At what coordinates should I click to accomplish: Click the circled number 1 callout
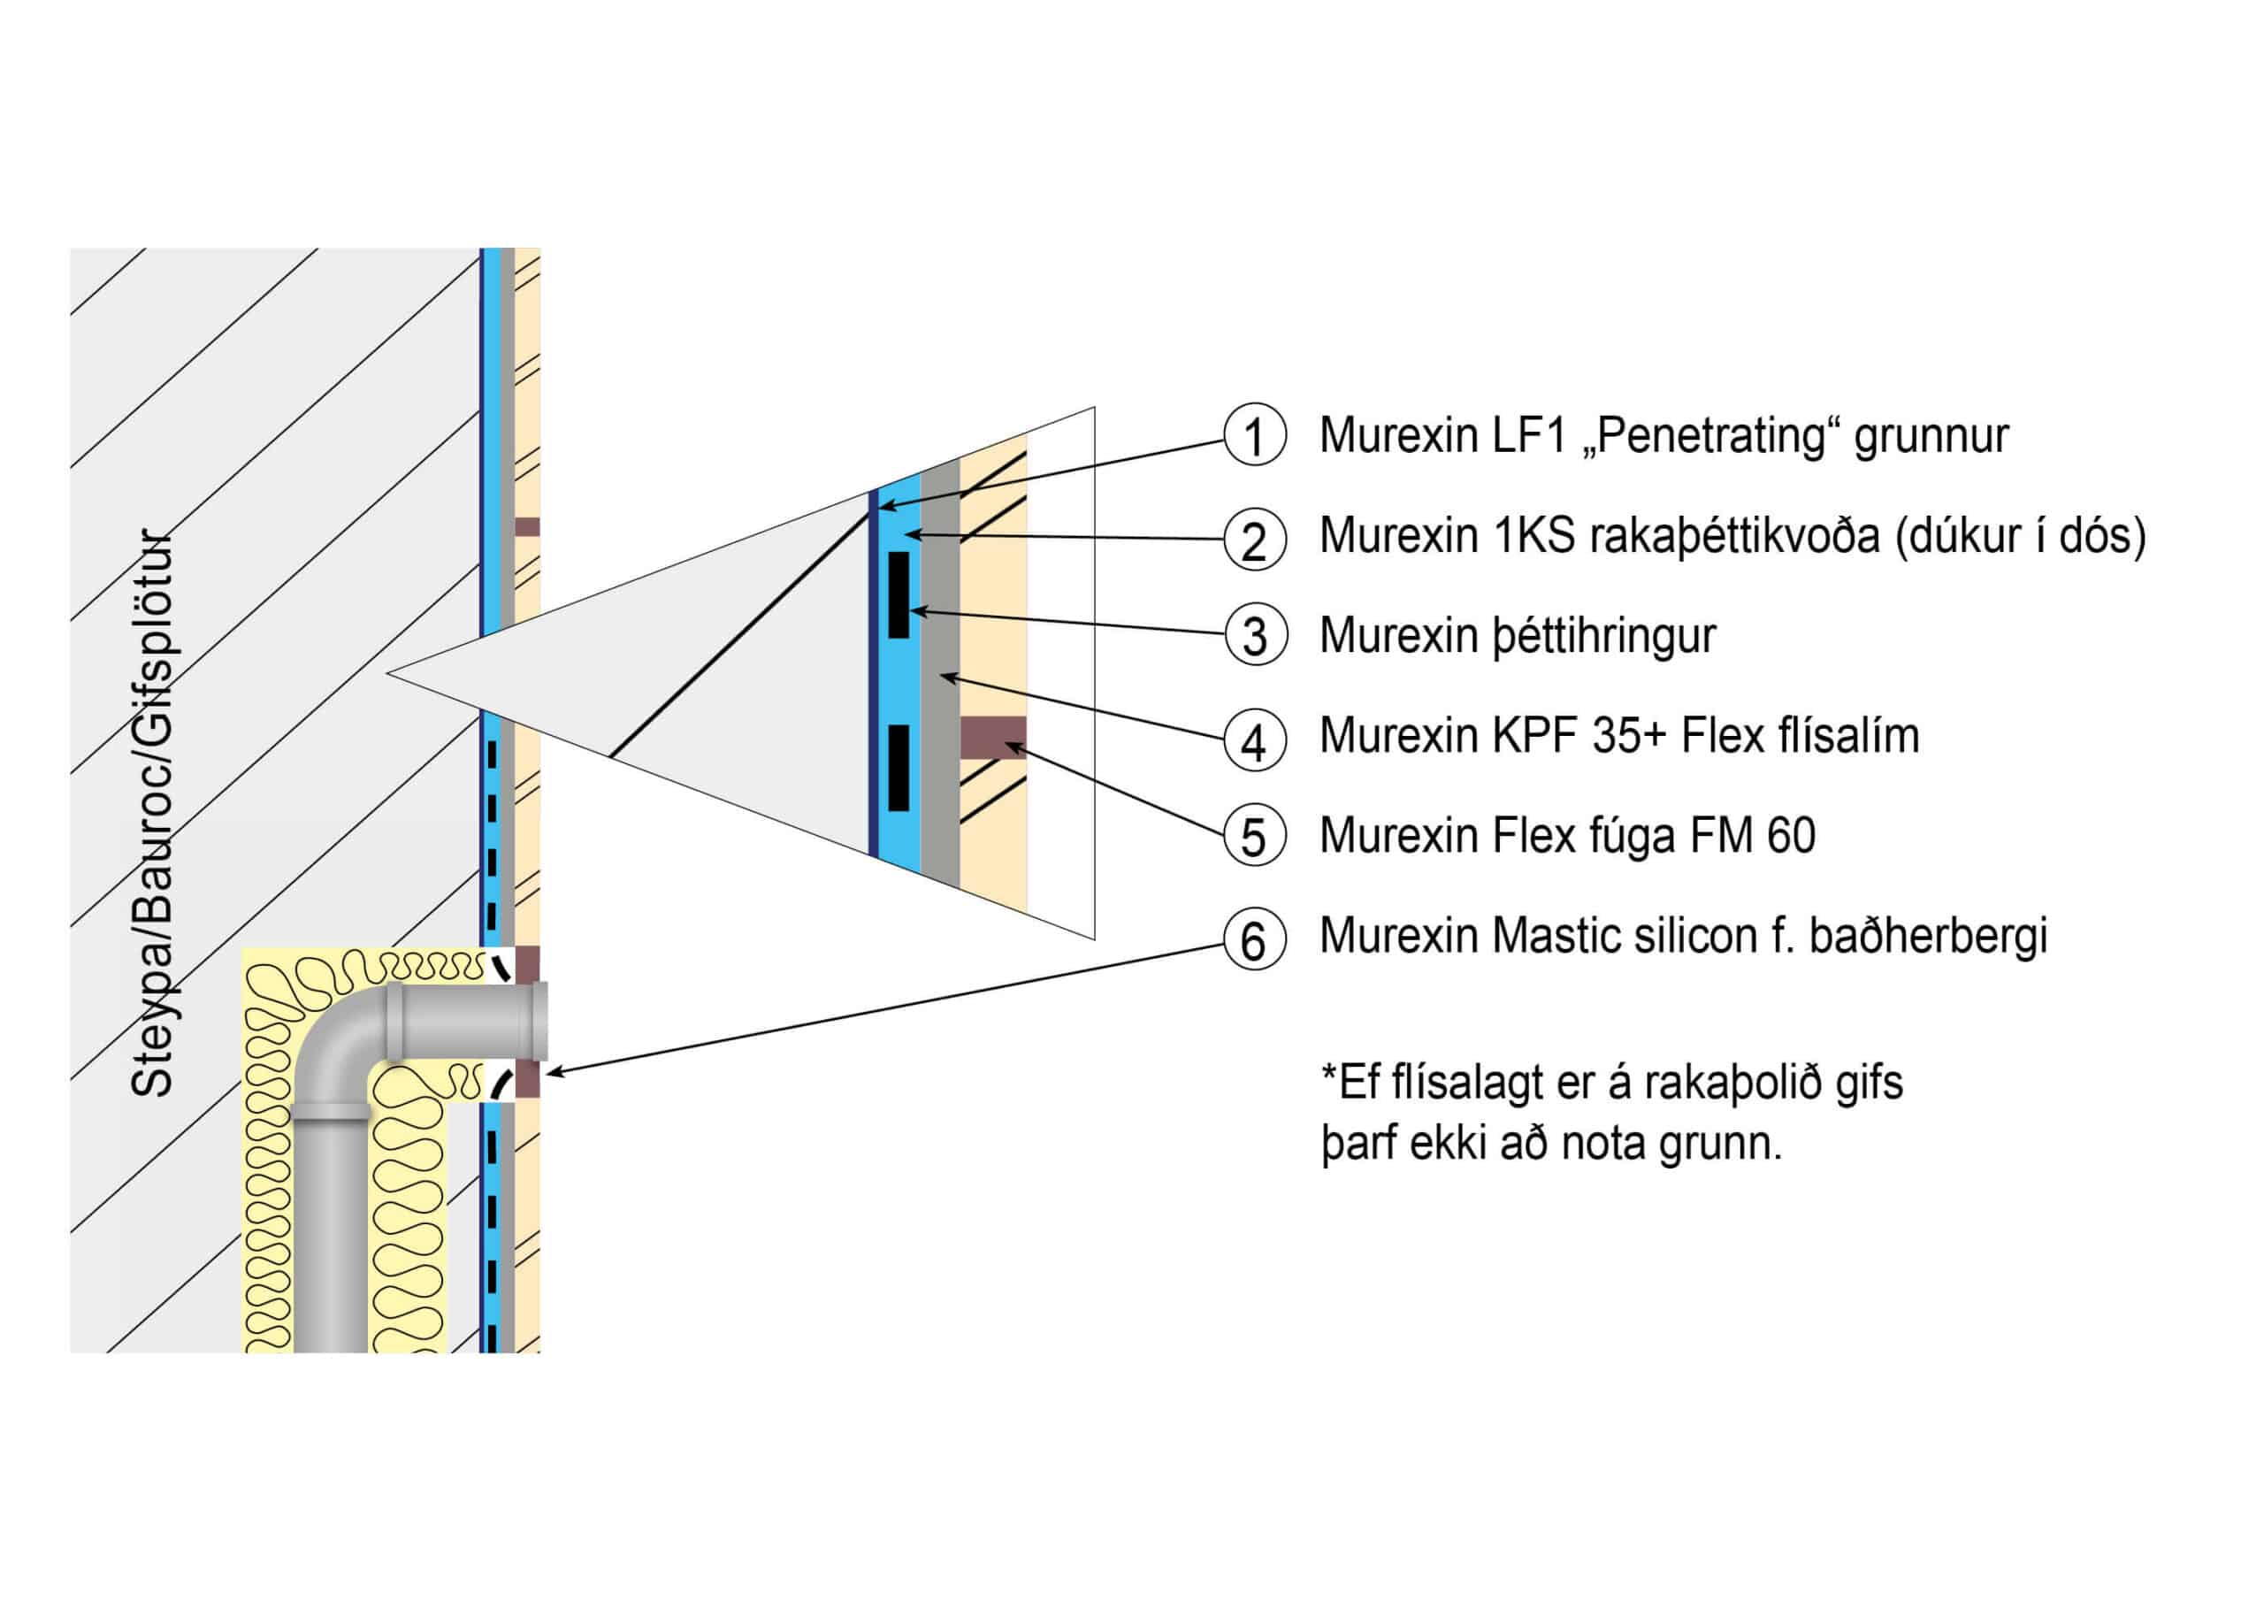tap(1254, 435)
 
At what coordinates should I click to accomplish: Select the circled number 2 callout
tap(1254, 540)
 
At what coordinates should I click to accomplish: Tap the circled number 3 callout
tap(1254, 636)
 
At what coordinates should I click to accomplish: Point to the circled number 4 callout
tap(1254, 739)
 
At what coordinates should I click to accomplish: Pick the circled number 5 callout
tap(1254, 836)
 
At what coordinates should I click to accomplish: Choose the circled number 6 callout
tap(1254, 938)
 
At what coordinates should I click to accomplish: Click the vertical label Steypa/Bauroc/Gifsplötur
tap(152, 814)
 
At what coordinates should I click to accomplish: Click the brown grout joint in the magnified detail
tap(993, 738)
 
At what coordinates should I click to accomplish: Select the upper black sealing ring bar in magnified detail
tap(899, 594)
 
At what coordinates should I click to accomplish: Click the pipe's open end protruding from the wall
tap(539, 1020)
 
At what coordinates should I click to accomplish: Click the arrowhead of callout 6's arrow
tap(552, 1072)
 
